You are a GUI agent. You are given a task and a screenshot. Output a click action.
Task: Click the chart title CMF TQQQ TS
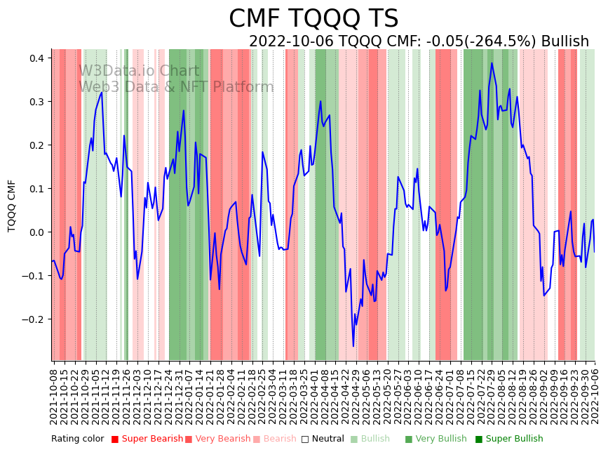[x=313, y=19]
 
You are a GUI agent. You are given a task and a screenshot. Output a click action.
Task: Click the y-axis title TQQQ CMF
[x=12, y=206]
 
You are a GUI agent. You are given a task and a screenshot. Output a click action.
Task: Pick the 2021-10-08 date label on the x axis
[x=54, y=394]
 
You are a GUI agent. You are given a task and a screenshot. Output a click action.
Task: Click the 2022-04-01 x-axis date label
[x=314, y=394]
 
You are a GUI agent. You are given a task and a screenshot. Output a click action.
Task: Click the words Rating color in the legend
[x=77, y=439]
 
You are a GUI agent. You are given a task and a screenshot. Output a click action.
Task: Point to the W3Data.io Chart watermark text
[x=139, y=71]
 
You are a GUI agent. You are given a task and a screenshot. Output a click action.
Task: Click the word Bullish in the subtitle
[x=570, y=42]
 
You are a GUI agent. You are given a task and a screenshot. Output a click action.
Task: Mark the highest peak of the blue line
[x=492, y=63]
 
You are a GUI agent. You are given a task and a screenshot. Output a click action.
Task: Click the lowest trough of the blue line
[x=353, y=345]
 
